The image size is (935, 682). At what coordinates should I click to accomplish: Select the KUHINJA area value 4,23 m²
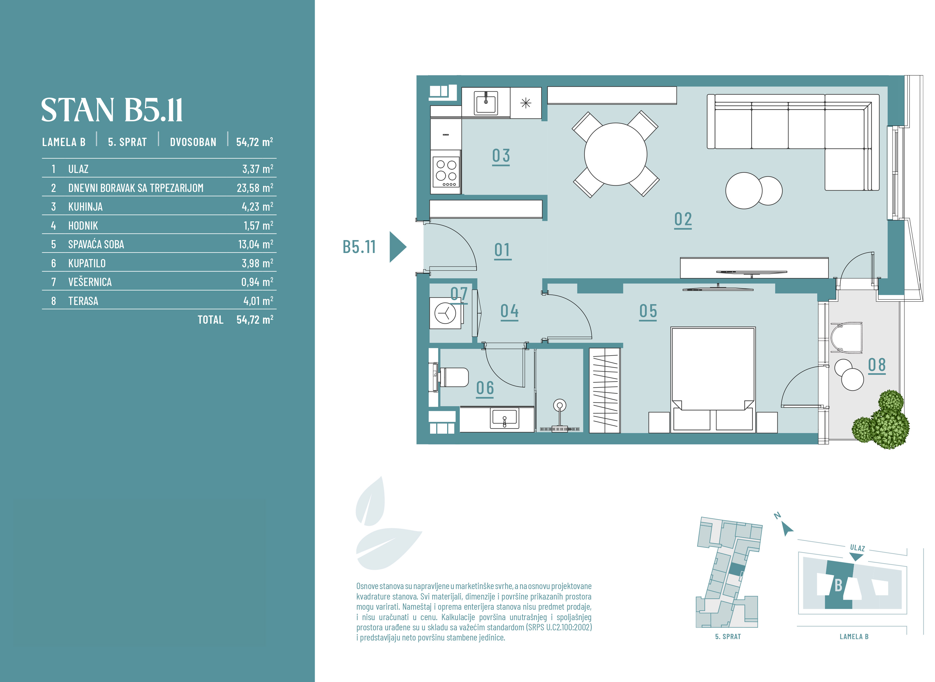[257, 207]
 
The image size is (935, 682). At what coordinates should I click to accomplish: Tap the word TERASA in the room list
[83, 301]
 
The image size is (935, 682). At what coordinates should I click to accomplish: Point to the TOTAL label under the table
[210, 320]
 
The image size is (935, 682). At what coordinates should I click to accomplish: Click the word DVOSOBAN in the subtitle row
[193, 142]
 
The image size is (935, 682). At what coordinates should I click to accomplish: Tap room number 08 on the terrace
[877, 365]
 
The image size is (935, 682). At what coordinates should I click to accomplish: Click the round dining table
[615, 154]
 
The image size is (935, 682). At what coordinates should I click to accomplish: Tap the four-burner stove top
[446, 172]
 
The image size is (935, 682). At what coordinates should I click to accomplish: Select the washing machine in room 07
[445, 313]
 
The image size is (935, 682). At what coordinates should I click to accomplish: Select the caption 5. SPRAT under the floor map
[728, 637]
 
